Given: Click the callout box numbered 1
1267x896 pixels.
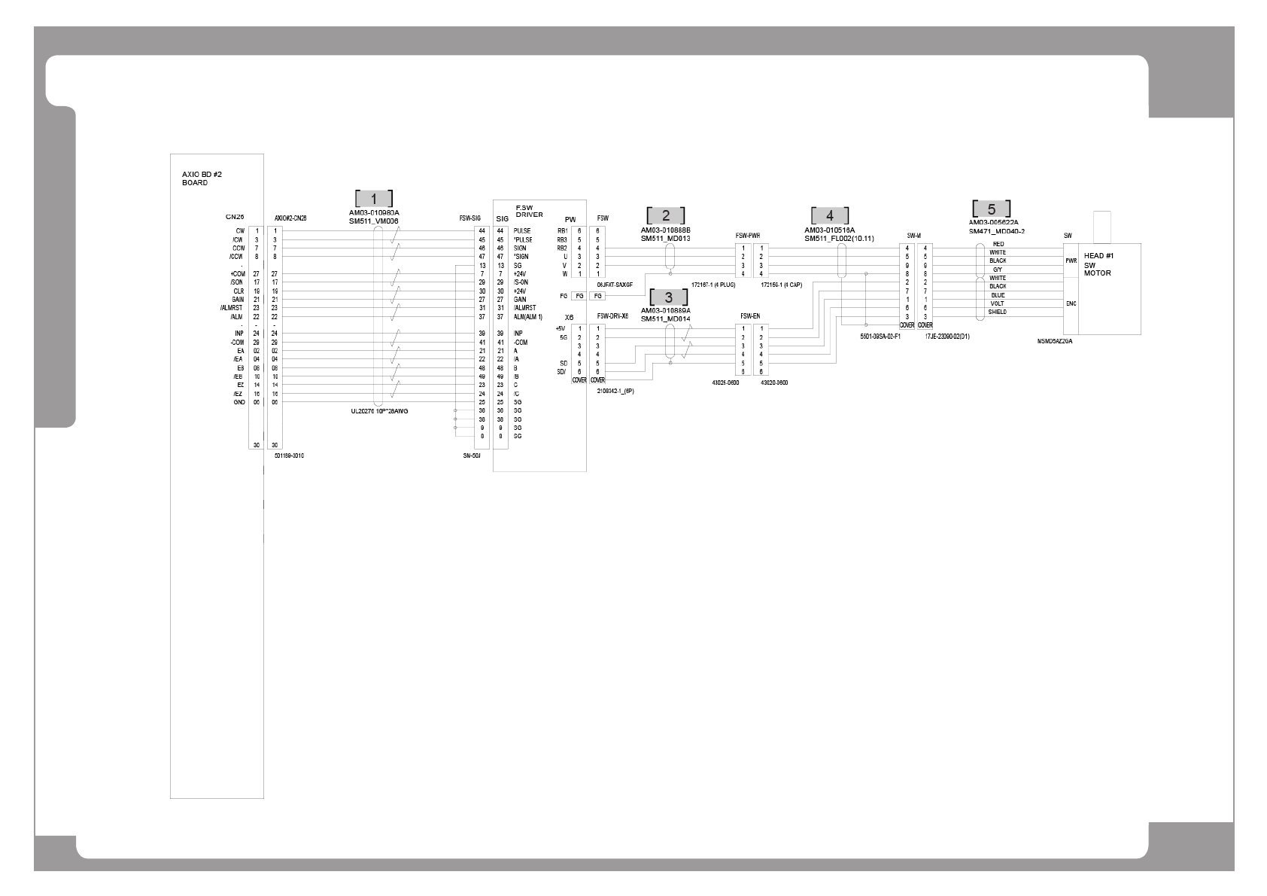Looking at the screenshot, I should (374, 199).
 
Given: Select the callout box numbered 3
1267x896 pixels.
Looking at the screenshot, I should (669, 297).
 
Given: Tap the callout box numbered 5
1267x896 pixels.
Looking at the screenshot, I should (991, 209).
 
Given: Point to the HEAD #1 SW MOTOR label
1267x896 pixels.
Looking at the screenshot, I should (1098, 264).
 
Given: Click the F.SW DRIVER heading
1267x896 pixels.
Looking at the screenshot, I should (529, 211).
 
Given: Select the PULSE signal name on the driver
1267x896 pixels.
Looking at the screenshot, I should (522, 231).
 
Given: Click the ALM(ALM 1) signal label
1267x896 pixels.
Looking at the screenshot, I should (528, 317).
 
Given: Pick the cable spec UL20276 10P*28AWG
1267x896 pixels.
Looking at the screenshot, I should (380, 411).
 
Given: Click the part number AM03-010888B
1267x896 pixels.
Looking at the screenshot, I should (665, 230).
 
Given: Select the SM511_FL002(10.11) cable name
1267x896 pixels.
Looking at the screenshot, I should (839, 239).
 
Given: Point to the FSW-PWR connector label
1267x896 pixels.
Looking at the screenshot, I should (747, 236).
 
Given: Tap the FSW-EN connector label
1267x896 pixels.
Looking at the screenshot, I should (750, 316).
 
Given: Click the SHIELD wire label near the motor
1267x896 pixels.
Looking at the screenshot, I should (997, 312).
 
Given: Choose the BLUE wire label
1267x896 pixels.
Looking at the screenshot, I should (998, 295).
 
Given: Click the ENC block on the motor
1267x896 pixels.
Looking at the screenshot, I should (1071, 304).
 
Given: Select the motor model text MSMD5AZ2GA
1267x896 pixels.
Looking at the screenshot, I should (1054, 341).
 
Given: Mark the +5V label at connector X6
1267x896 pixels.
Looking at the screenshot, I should (560, 328).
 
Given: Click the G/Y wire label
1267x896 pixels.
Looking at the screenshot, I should (997, 270).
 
